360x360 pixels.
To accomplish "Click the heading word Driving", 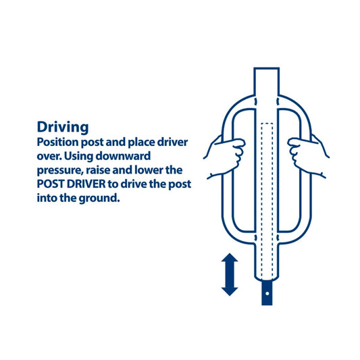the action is (63, 128).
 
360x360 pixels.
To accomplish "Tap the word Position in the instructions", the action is (57, 143).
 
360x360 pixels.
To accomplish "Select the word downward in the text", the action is (123, 156).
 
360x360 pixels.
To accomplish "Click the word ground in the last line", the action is (99, 199).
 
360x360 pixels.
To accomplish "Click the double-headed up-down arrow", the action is (230, 274).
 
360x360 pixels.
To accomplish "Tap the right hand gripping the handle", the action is (308, 156).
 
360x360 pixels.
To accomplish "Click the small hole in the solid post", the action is (267, 293).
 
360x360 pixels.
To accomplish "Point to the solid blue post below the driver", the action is (267, 292).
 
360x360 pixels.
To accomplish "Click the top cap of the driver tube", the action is (267, 68).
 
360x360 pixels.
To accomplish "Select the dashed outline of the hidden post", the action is (267, 200).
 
